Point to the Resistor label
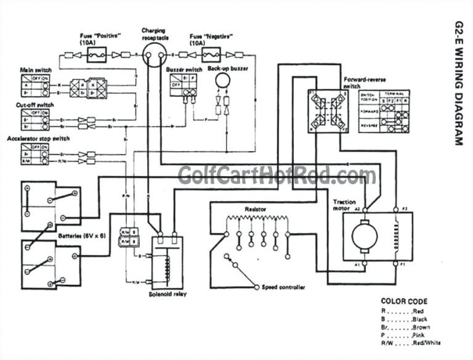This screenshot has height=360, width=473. click(x=255, y=209)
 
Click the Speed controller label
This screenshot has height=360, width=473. click(x=281, y=287)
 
